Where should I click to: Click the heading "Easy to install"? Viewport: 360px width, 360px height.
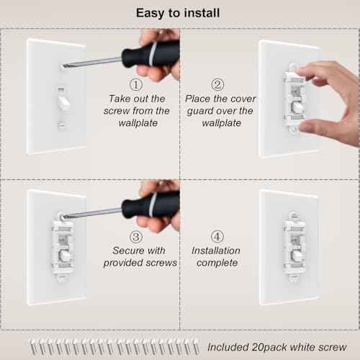(179, 13)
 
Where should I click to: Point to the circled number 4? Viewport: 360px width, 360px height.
(220, 236)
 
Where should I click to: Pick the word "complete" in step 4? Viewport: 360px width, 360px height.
(220, 264)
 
